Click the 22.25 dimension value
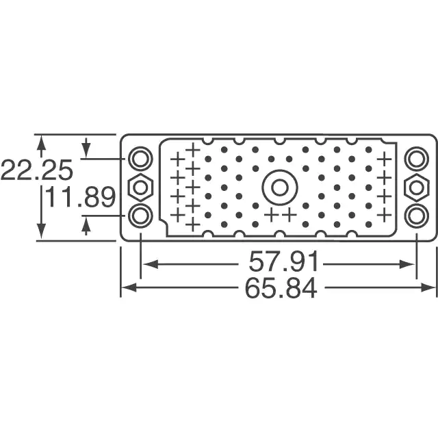[x=37, y=170]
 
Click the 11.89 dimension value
[x=80, y=198]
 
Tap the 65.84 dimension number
[x=281, y=287]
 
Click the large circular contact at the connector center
[x=280, y=187]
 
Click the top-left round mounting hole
[x=140, y=159]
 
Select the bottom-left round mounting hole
[x=140, y=216]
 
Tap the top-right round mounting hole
[x=417, y=159]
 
